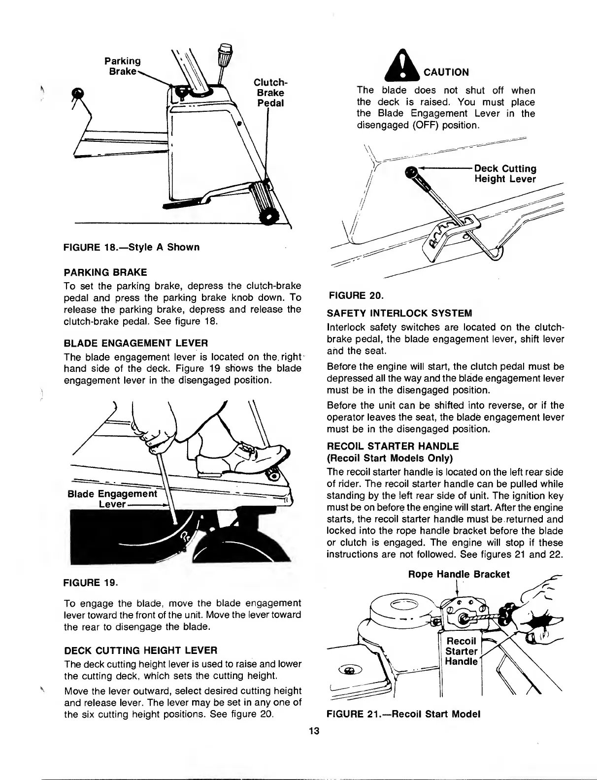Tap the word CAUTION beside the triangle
pyautogui.click(x=443, y=72)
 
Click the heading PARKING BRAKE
pyautogui.click(x=105, y=272)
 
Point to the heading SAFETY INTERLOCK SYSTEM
pyautogui.click(x=399, y=313)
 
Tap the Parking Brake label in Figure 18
pyautogui.click(x=122, y=65)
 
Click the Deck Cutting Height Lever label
pyautogui.click(x=505, y=174)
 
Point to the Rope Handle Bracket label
pyautogui.click(x=459, y=574)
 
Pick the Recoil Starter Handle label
pyautogui.click(x=461, y=651)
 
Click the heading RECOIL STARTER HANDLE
pyautogui.click(x=393, y=447)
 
